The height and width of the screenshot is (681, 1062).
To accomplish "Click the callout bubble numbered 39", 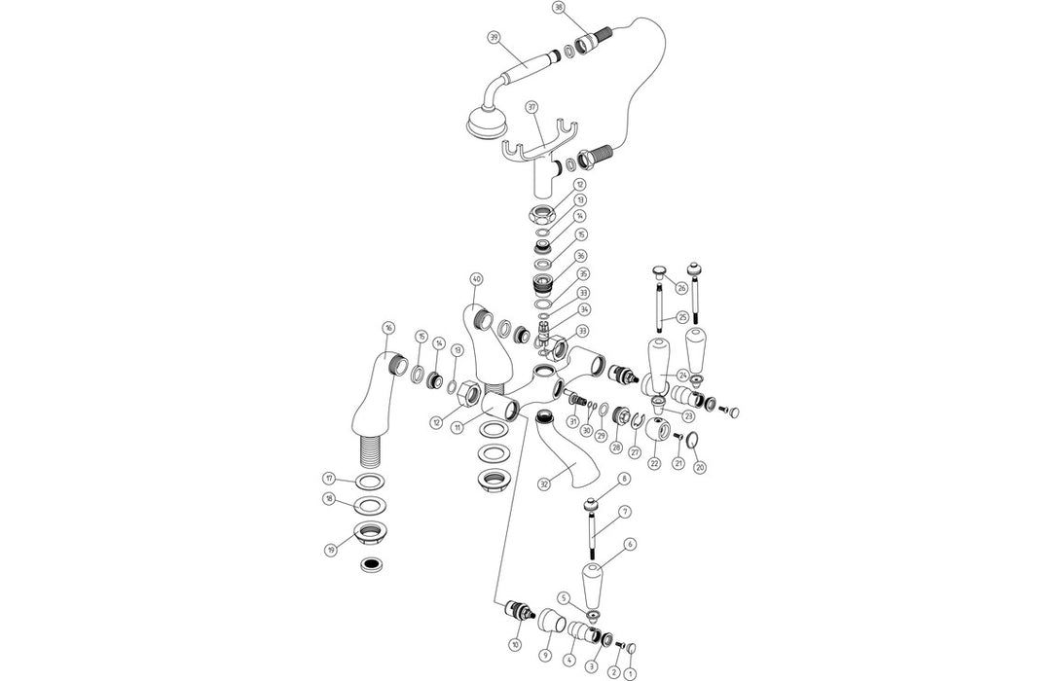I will [x=494, y=38].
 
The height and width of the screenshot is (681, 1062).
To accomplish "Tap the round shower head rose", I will [x=481, y=123].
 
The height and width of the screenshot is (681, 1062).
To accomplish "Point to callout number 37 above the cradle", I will [x=531, y=106].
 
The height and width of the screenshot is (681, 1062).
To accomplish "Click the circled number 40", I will [x=476, y=279].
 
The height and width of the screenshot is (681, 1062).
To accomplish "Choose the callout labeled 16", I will [x=388, y=328].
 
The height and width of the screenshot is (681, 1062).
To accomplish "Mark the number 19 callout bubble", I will [x=330, y=550].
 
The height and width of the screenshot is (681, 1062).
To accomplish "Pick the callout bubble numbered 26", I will [x=681, y=287].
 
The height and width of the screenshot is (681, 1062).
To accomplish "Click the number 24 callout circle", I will [x=683, y=376].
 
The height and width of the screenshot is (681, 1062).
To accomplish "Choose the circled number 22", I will [x=654, y=464].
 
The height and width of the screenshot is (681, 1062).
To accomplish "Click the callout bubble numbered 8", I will [x=624, y=479].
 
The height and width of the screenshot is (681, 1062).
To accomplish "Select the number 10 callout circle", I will [x=515, y=645].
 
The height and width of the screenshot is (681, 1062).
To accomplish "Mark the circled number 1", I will [x=629, y=670].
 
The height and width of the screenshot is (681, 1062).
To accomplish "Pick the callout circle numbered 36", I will [x=580, y=256].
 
